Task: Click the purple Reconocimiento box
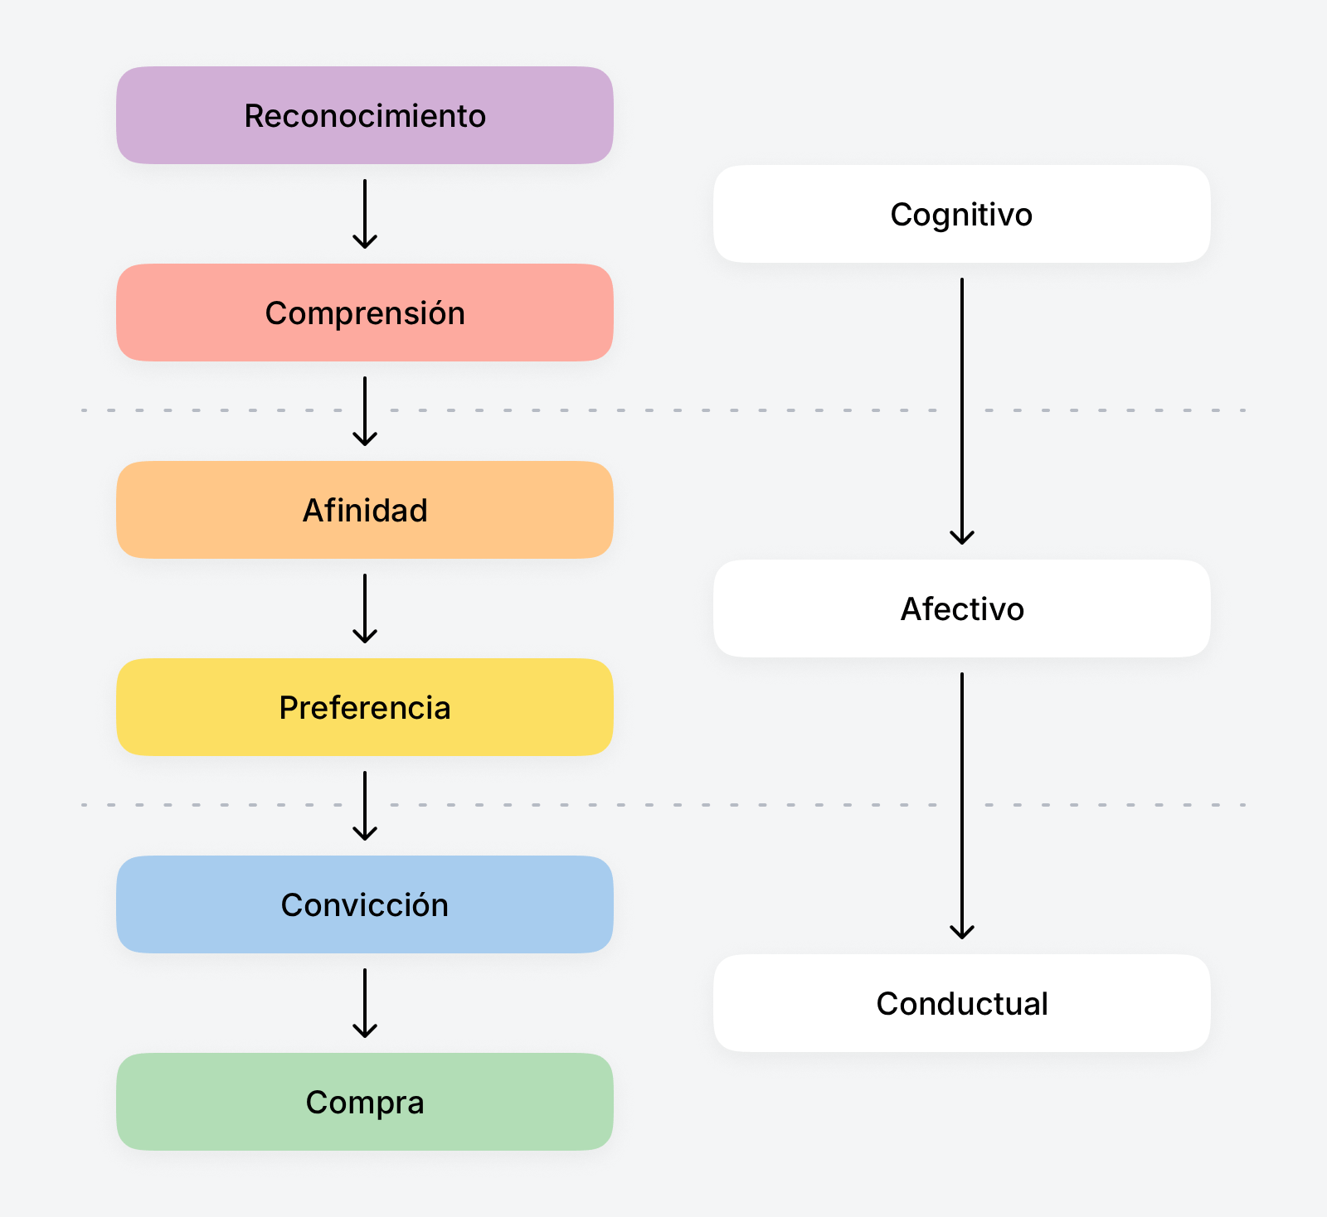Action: (365, 115)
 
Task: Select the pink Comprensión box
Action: (365, 313)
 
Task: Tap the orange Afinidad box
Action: (365, 510)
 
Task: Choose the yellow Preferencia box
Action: (365, 707)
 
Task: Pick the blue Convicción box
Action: (365, 904)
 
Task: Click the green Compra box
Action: (365, 1102)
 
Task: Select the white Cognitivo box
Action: (961, 214)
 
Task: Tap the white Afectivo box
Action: (961, 608)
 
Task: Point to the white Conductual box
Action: (961, 1003)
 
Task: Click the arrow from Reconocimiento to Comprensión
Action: (365, 213)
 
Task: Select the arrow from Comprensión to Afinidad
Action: (365, 410)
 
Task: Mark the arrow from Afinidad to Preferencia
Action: (365, 608)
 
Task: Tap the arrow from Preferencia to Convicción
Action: (365, 805)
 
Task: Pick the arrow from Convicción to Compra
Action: (365, 1002)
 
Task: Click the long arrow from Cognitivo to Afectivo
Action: (962, 410)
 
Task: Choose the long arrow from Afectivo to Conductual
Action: (962, 805)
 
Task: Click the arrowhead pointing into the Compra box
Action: (365, 1033)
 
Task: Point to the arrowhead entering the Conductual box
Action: (962, 933)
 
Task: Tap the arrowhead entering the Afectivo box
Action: (962, 539)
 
